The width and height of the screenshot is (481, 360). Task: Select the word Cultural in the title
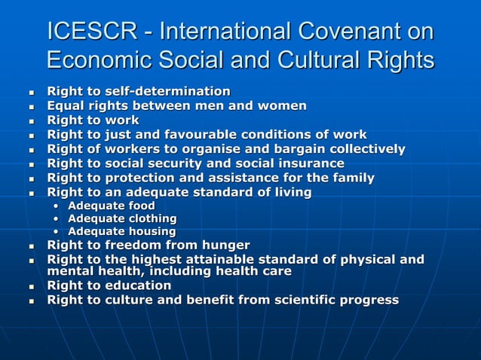point(313,60)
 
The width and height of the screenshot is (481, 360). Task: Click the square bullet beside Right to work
point(31,121)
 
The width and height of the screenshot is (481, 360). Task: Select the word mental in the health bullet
point(69,271)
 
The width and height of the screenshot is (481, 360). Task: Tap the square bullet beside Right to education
point(31,287)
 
